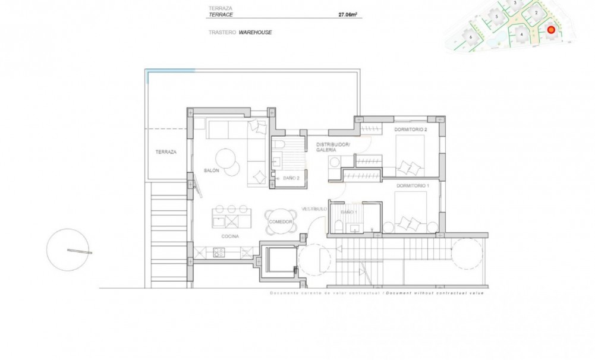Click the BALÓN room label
(x=212, y=170)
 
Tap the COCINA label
(x=230, y=236)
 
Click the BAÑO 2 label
(x=291, y=178)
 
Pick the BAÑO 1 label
(x=349, y=211)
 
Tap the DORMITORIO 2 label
(x=411, y=129)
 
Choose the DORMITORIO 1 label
(x=412, y=185)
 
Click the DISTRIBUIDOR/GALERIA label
(x=333, y=147)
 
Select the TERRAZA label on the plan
(x=166, y=152)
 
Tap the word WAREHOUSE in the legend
(x=255, y=32)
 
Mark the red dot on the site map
(x=550, y=29)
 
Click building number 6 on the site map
(x=471, y=37)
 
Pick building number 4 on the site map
(x=521, y=34)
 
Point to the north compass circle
(x=68, y=250)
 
